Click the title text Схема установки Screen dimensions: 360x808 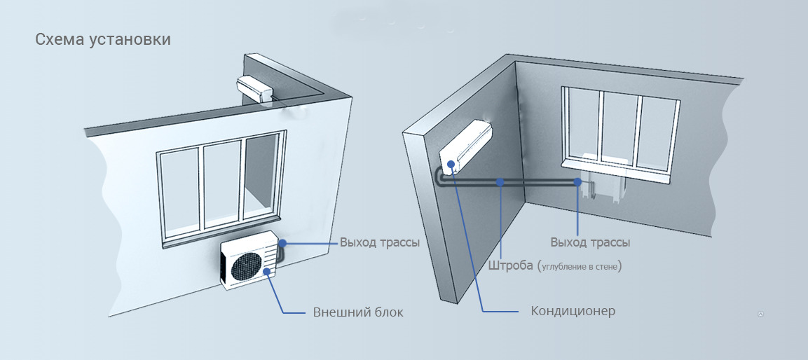click(x=103, y=39)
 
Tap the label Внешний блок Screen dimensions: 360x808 click(x=358, y=312)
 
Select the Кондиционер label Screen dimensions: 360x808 click(x=573, y=310)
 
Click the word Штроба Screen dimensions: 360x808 click(x=509, y=265)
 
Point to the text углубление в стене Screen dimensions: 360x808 click(x=580, y=266)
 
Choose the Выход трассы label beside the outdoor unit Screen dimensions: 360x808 click(x=380, y=243)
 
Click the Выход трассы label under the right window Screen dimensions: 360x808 click(x=590, y=243)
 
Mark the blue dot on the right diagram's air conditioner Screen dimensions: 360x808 click(x=451, y=165)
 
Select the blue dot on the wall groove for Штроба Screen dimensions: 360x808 click(x=500, y=182)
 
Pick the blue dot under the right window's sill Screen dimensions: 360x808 click(x=577, y=182)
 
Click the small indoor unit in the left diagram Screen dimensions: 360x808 click(x=256, y=88)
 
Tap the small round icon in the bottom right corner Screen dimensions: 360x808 click(x=761, y=314)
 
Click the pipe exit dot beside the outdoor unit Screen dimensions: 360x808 click(x=282, y=243)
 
